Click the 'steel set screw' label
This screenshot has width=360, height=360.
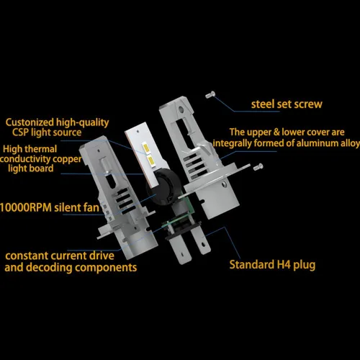click(x=287, y=104)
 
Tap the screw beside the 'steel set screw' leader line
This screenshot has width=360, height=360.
click(x=210, y=94)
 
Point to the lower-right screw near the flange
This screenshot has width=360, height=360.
click(x=258, y=166)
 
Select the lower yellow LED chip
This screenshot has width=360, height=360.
click(x=150, y=161)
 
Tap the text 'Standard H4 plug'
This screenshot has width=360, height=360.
click(x=272, y=265)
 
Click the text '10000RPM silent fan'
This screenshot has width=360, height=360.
click(x=50, y=207)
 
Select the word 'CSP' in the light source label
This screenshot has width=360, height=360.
click(x=20, y=132)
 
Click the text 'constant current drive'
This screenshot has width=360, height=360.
click(x=60, y=256)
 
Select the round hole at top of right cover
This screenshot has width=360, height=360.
click(x=181, y=110)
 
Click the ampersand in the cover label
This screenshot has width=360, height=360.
click(x=276, y=132)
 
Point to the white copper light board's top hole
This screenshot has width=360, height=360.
click(x=138, y=132)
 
